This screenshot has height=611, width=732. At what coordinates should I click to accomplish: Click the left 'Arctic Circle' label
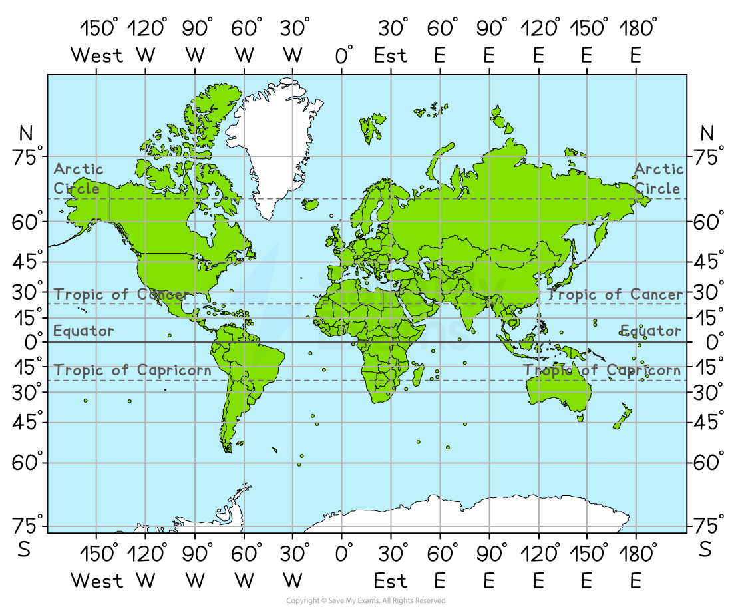(x=78, y=178)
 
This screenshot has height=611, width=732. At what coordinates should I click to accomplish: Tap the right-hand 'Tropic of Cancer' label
(x=616, y=294)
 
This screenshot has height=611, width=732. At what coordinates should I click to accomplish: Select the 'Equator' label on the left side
(x=84, y=331)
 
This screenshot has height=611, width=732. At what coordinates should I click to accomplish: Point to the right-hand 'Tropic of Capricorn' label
(x=602, y=370)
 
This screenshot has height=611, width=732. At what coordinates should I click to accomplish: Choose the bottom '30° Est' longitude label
(x=391, y=567)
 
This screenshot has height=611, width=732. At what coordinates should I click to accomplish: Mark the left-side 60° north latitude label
(x=28, y=222)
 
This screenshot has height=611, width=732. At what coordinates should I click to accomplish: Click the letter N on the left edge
(x=26, y=134)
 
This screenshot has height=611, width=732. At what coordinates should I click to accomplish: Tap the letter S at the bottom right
(x=705, y=550)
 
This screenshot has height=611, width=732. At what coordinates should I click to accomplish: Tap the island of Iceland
(x=310, y=204)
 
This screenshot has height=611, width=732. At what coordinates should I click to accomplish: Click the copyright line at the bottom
(x=365, y=600)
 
